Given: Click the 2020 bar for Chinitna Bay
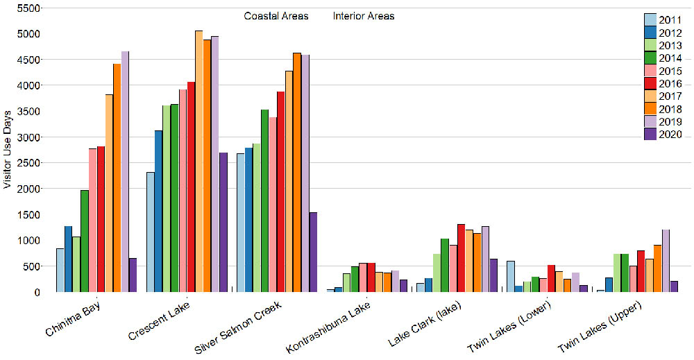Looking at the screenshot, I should pyautogui.click(x=133, y=275).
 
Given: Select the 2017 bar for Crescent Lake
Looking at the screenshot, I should pyautogui.click(x=199, y=161).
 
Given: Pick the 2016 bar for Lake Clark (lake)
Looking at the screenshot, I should pyautogui.click(x=462, y=257).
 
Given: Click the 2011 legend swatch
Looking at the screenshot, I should pyautogui.click(x=651, y=19).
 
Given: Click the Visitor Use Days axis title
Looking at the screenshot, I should pyautogui.click(x=8, y=149).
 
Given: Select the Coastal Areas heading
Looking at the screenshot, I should pyautogui.click(x=276, y=16).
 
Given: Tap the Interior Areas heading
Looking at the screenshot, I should pyautogui.click(x=364, y=16).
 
